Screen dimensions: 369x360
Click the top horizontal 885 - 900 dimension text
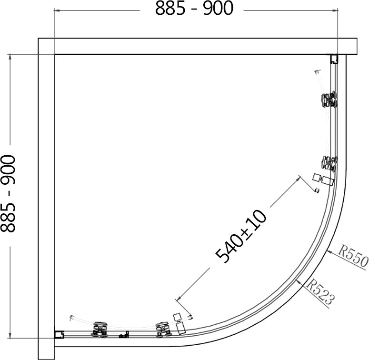click(194, 8)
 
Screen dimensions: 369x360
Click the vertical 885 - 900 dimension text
click(8, 193)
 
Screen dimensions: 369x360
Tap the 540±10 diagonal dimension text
click(241, 236)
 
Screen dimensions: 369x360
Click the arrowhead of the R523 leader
click(299, 281)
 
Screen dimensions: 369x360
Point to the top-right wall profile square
click(334, 59)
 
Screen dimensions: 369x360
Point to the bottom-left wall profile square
click(59, 335)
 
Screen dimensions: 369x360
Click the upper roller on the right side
click(329, 100)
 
